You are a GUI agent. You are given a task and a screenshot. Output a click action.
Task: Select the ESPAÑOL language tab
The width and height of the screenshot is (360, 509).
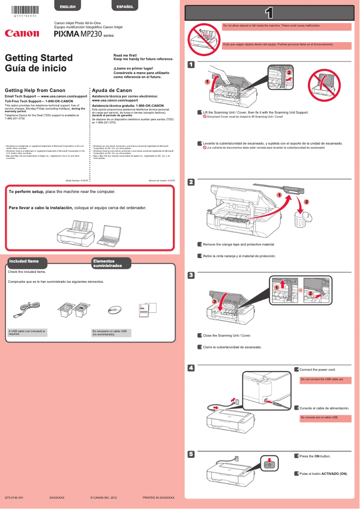pyautogui.click(x=125, y=7)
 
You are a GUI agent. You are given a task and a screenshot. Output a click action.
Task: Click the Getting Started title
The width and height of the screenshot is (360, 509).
pyautogui.click(x=39, y=58)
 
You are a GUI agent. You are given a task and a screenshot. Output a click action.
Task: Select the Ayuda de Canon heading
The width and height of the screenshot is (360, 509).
pyautogui.click(x=112, y=90)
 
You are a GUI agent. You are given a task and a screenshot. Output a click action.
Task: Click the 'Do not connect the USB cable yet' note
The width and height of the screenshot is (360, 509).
pyautogui.click(x=326, y=380)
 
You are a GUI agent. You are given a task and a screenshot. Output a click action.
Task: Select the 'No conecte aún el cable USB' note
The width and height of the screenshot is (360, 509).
pyautogui.click(x=326, y=418)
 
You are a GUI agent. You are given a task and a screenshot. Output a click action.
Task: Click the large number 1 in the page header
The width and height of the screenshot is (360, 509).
pyautogui.click(x=269, y=13)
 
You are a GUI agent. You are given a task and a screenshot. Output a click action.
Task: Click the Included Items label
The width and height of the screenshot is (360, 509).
pyautogui.click(x=24, y=261)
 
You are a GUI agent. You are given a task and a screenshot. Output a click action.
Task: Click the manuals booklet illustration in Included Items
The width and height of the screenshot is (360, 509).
pyautogui.click(x=148, y=310)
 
